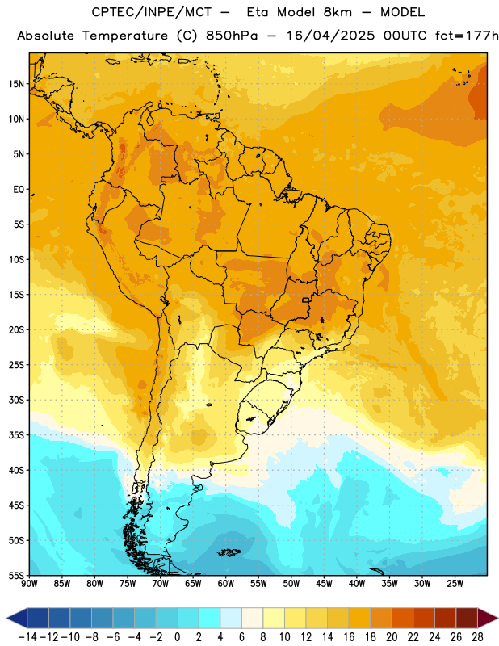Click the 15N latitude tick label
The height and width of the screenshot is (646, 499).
point(16,84)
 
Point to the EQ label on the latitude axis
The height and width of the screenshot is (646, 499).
point(19,190)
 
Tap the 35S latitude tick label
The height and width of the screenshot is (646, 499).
point(16,435)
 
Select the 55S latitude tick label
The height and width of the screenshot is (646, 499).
point(16,575)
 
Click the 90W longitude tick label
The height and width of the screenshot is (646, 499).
point(30,583)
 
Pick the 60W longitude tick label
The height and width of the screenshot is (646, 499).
point(226,583)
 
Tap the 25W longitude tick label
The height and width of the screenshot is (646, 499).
point(455,583)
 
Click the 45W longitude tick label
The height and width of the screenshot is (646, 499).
point(324,583)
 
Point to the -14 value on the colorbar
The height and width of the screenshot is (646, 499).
point(27,637)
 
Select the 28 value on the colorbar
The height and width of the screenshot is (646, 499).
point(477,637)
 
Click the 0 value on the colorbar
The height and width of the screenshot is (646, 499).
point(177,637)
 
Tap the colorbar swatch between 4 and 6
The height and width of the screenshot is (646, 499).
point(231,619)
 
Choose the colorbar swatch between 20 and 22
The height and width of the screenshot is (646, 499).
point(402,619)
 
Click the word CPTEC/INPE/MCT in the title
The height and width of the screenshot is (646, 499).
point(151,12)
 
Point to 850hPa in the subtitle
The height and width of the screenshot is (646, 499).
point(231,36)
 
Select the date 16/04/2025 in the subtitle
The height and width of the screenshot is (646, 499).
point(330,36)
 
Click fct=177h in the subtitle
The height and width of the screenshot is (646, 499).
point(467,36)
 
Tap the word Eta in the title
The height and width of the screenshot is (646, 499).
point(257,12)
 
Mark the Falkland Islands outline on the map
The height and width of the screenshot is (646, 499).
point(229,552)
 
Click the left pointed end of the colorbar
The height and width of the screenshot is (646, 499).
point(7,619)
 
